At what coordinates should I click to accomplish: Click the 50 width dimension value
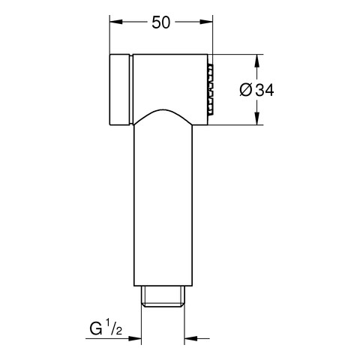point(161,22)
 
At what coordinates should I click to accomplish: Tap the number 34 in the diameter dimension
point(265,90)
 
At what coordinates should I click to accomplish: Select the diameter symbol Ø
point(246,90)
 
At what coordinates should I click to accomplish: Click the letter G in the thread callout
point(96,328)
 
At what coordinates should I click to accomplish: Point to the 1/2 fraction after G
point(114,327)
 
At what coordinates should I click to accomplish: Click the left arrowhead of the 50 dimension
point(116,22)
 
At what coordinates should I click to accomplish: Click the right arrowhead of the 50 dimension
point(206,22)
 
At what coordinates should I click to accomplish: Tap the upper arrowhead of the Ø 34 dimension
point(257,61)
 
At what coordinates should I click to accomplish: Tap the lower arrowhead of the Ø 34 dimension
point(257,118)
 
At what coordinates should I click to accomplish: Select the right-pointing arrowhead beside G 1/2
point(135,338)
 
